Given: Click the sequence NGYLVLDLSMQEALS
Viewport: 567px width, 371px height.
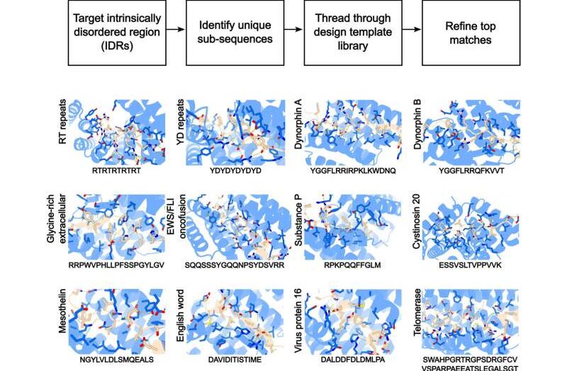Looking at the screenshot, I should pyautogui.click(x=113, y=360).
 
